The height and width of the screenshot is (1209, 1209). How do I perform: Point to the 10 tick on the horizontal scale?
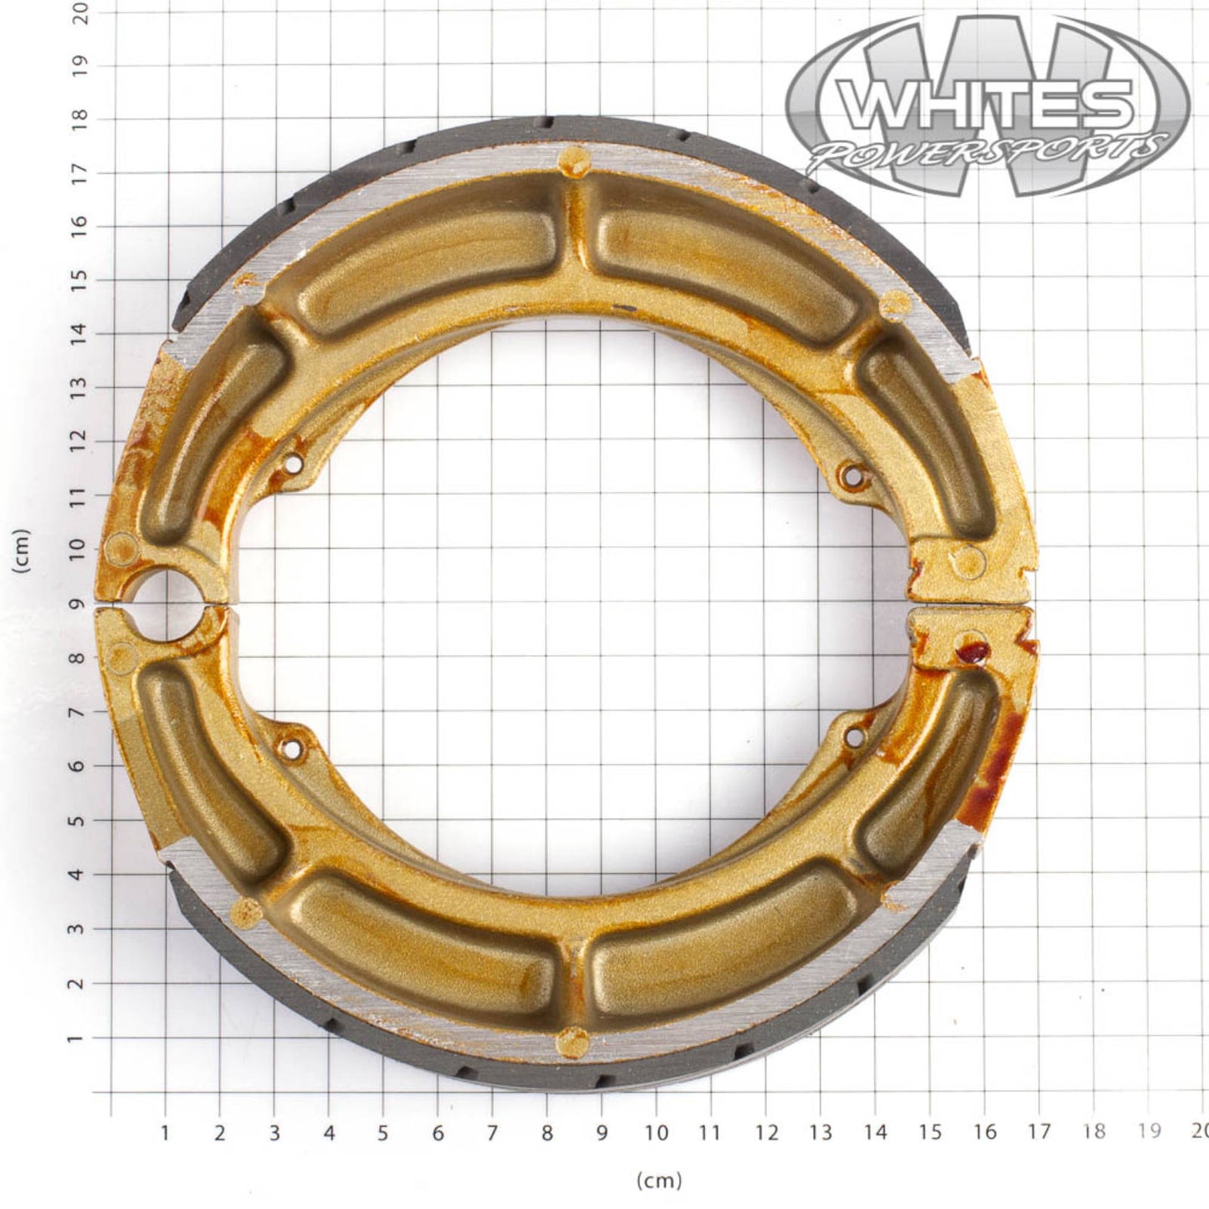point(656,1133)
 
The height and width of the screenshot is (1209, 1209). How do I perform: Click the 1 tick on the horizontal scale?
point(166,1133)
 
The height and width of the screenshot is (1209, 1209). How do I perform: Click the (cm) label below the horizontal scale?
point(659,1181)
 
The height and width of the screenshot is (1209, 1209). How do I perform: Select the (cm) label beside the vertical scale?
point(22,551)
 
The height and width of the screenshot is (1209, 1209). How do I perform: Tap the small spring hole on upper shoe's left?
point(293,463)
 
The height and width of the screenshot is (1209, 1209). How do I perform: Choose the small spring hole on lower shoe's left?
point(291,748)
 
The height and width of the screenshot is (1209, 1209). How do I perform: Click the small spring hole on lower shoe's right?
point(854,737)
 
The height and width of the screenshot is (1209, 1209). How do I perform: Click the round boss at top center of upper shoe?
point(574,159)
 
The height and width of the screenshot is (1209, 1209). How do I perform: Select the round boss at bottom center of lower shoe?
point(573,1042)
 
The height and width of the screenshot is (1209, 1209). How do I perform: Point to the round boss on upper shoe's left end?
point(120,550)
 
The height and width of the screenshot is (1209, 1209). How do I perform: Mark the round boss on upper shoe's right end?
point(969,559)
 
